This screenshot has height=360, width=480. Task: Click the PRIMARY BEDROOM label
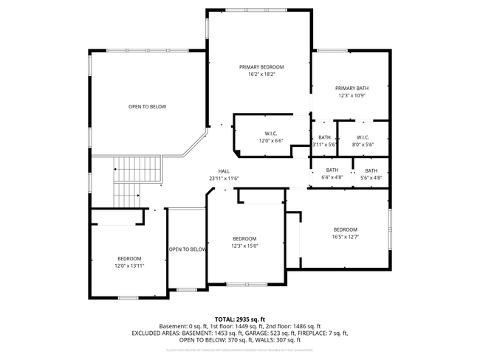pyautogui.click(x=261, y=67)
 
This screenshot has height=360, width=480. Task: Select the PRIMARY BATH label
pyautogui.click(x=352, y=88)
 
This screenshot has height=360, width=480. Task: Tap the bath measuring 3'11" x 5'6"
pyautogui.click(x=324, y=140)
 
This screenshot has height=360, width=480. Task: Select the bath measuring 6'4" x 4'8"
pyautogui.click(x=332, y=173)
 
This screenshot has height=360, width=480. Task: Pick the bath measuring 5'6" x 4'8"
pyautogui.click(x=371, y=173)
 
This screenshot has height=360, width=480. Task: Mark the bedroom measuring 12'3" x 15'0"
pyautogui.click(x=244, y=241)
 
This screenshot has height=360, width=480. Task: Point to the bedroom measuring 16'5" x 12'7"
pyautogui.click(x=345, y=232)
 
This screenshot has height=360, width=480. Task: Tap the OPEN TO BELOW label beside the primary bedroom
pyautogui.click(x=147, y=107)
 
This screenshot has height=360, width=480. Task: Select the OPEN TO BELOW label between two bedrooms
pyautogui.click(x=188, y=249)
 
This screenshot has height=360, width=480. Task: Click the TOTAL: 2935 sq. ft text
pyautogui.click(x=239, y=318)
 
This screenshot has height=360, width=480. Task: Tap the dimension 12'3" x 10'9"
pyautogui.click(x=352, y=95)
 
